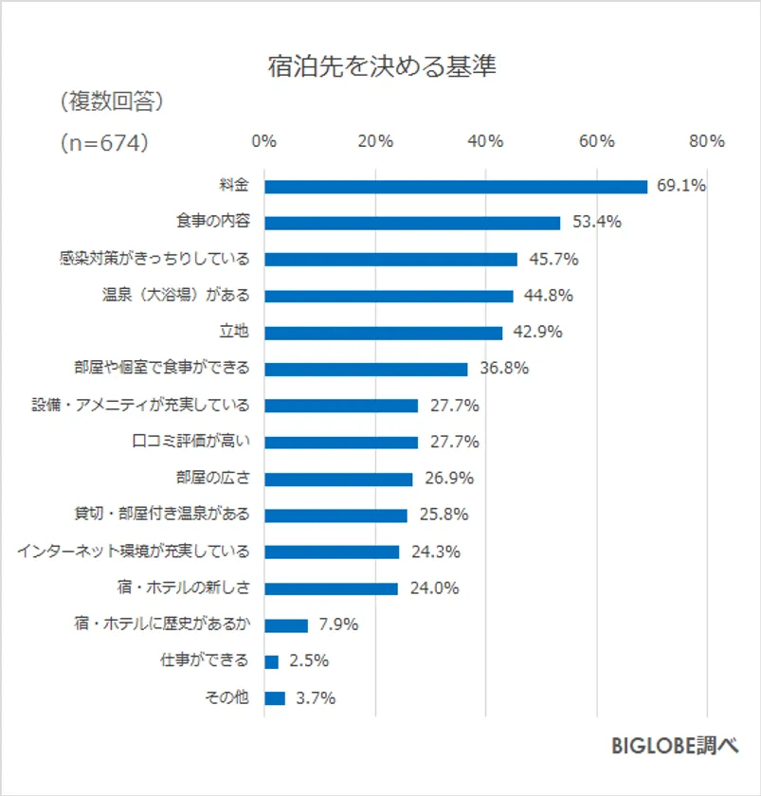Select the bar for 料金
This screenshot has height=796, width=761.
tap(455, 186)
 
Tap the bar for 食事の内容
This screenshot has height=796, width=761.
tap(412, 223)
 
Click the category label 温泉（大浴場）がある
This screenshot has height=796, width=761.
tap(175, 296)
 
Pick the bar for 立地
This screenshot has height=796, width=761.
tap(383, 333)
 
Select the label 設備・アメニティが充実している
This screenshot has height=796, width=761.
tap(141, 406)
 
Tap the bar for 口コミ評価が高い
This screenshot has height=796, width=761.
tap(340, 443)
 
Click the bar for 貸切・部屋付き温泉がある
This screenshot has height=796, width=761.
tap(335, 516)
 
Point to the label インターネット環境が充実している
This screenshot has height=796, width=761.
tap(134, 552)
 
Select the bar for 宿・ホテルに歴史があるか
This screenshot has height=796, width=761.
tap(286, 625)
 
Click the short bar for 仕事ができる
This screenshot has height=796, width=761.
tap(271, 661)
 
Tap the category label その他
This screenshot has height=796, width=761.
tap(227, 698)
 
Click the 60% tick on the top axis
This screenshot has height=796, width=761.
tap(597, 141)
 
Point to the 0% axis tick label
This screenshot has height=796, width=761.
tap(264, 141)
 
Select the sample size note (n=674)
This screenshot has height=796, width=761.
tap(103, 142)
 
